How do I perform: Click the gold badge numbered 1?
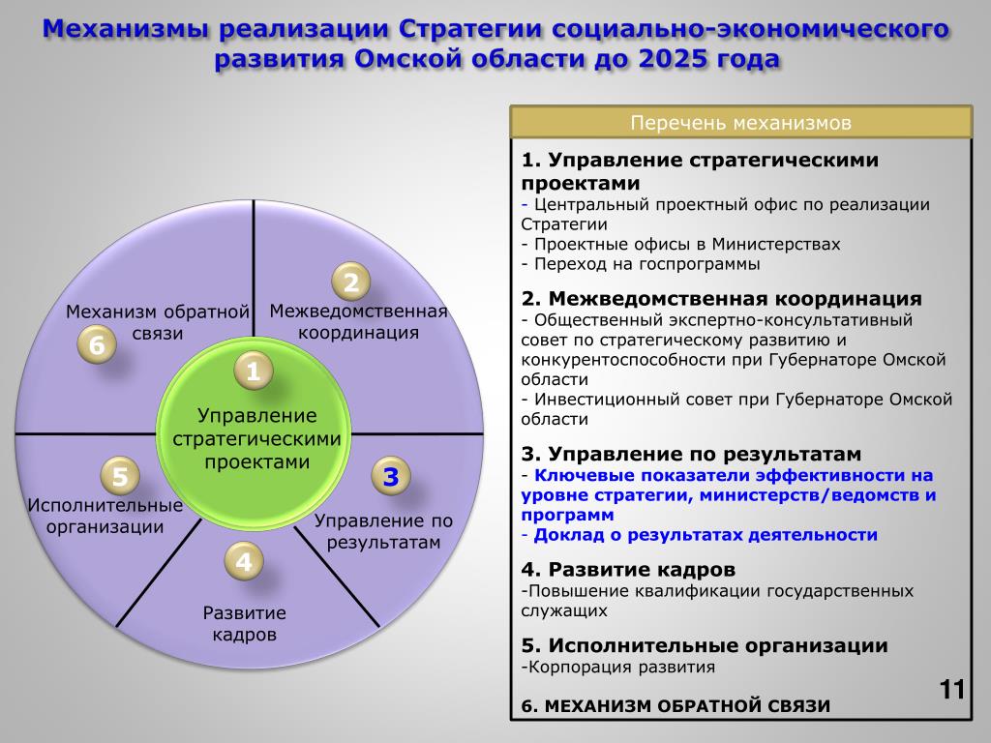click(x=253, y=371)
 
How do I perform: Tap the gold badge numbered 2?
click(x=350, y=282)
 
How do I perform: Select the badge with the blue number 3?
click(x=391, y=476)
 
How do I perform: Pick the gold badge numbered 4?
click(x=244, y=561)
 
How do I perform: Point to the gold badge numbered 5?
click(x=120, y=476)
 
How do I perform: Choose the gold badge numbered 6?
click(x=97, y=344)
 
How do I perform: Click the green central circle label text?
click(x=256, y=438)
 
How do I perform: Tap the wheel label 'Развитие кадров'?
click(x=245, y=624)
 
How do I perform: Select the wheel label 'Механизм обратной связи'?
click(x=158, y=322)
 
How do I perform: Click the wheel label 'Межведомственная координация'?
click(x=358, y=321)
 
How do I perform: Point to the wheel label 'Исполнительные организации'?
click(x=105, y=516)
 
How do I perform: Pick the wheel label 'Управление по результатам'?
click(x=383, y=531)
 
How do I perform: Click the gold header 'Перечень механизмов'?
click(x=740, y=123)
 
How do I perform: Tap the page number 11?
click(x=952, y=689)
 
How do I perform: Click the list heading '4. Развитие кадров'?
click(x=628, y=570)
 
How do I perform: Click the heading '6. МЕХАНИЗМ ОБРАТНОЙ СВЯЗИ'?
click(x=676, y=706)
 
